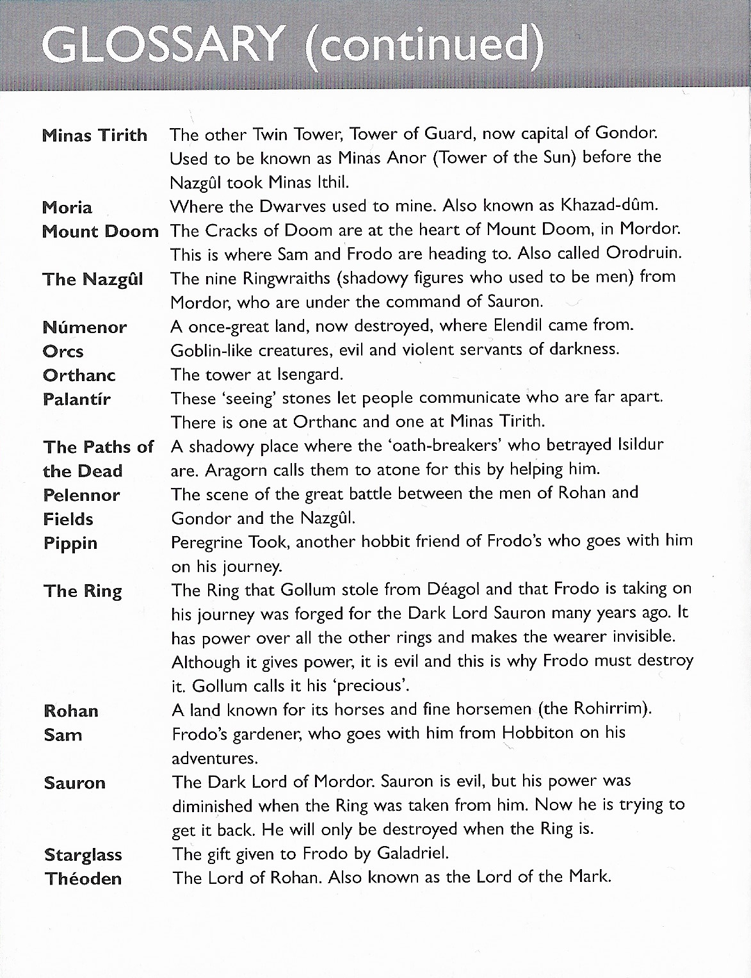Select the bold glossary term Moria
[x=67, y=208]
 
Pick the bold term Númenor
[x=85, y=327]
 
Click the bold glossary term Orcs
[x=63, y=352]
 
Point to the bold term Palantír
[x=77, y=400]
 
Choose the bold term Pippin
[x=70, y=544]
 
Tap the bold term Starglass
[x=83, y=855]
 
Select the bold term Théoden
[x=83, y=879]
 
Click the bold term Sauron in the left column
[x=75, y=783]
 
